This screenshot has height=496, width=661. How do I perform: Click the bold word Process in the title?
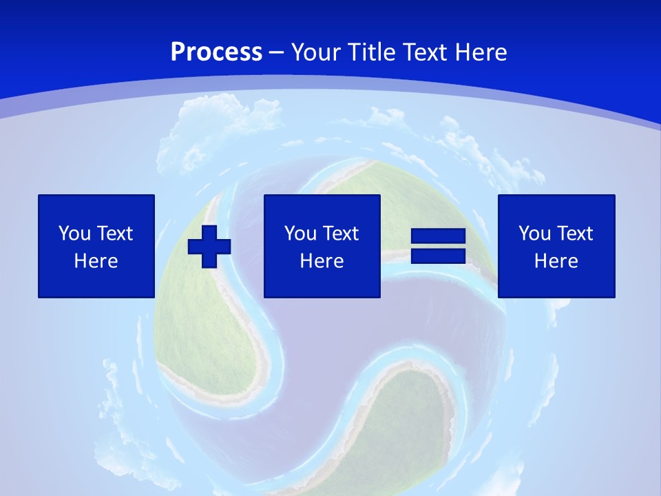216,52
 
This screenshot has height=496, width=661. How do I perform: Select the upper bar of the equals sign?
439,236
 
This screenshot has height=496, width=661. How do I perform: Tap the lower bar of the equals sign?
439,256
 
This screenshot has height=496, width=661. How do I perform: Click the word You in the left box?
75,234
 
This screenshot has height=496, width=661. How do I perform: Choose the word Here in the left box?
96,261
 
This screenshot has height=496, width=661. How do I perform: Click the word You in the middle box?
301,234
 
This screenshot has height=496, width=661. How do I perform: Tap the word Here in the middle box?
322,261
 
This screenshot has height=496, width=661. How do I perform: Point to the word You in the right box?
535,234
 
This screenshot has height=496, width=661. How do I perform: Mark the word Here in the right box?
556,261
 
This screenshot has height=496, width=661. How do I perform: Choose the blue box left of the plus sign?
96,282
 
